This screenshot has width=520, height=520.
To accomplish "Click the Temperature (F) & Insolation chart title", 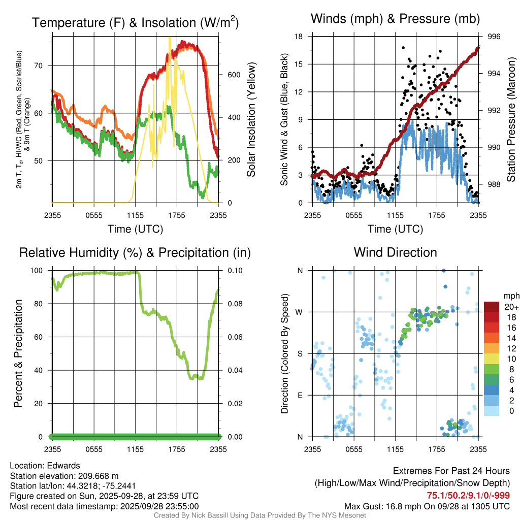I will click(135, 23).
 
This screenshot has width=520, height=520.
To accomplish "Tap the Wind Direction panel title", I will click(395, 252).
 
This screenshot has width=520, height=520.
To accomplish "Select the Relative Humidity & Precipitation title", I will click(135, 252).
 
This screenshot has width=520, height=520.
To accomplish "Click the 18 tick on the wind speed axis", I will click(299, 37).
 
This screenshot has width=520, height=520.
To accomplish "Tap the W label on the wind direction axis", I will click(300, 312).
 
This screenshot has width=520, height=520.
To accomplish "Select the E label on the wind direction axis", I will click(300, 395).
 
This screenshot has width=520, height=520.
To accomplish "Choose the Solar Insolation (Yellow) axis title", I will click(251, 120).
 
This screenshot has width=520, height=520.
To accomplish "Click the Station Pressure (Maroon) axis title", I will click(512, 120).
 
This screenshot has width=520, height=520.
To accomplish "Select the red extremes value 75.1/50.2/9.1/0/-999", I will click(468, 496).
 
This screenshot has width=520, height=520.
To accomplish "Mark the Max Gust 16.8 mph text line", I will click(427, 506).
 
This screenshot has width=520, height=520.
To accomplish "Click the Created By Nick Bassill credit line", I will click(259, 515).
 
